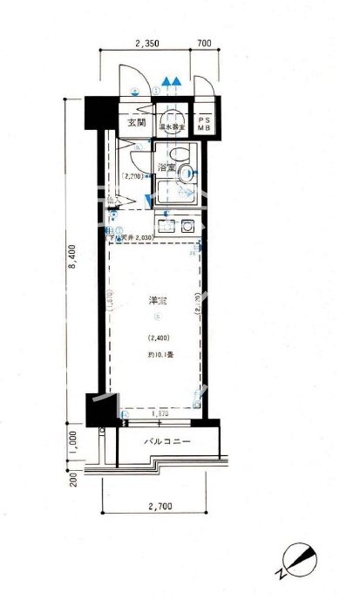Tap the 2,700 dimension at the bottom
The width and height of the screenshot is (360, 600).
click(160, 504)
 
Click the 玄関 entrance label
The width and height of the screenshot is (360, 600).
click(137, 122)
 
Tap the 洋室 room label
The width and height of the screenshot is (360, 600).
click(159, 301)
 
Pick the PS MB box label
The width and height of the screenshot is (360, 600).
click(205, 123)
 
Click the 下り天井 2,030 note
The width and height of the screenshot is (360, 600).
click(132, 236)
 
